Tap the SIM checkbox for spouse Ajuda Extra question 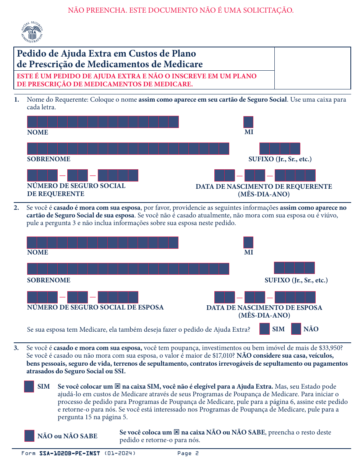(264, 329)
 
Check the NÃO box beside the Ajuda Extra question (296, 329)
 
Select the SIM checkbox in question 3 (29, 386)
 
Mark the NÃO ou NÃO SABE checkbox (29, 436)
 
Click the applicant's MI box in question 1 (248, 122)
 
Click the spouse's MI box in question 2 (248, 242)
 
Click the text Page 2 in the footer (188, 454)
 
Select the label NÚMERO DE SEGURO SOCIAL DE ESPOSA (95, 307)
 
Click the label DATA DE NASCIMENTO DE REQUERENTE (264, 186)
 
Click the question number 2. (16, 208)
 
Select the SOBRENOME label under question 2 (49, 280)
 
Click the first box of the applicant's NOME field (32, 122)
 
